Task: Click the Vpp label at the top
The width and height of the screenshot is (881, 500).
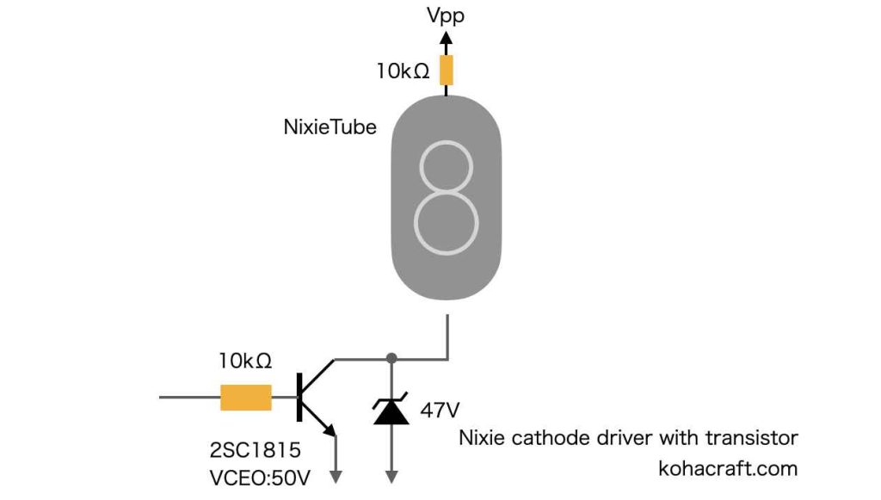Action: click(x=446, y=15)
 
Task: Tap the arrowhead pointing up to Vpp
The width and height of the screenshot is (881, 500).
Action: click(x=446, y=40)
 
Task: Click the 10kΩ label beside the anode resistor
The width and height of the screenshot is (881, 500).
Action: click(x=403, y=71)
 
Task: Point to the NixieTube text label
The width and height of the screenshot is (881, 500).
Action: click(x=330, y=127)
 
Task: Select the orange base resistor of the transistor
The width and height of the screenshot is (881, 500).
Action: click(x=246, y=398)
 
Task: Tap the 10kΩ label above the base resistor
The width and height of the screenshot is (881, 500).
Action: click(x=245, y=361)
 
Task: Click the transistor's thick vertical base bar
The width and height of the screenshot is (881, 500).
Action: click(x=299, y=397)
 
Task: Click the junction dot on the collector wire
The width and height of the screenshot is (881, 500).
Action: click(x=391, y=357)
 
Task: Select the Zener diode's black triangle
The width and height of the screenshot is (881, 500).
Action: click(x=391, y=413)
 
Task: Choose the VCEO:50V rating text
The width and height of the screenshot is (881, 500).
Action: click(x=258, y=476)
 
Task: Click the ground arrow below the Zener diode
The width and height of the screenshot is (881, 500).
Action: click(x=392, y=474)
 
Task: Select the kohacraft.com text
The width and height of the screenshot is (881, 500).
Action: click(x=727, y=468)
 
